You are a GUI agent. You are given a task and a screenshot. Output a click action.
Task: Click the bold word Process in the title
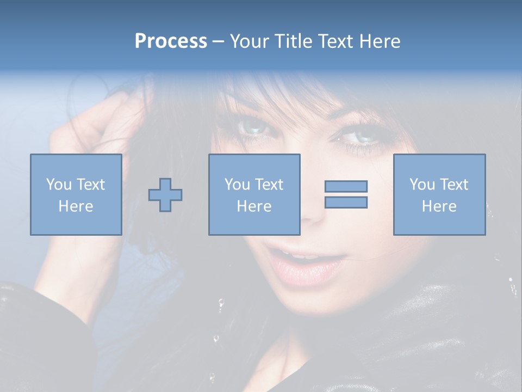point(171,41)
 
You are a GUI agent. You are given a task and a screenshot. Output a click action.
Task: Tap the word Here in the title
point(378,41)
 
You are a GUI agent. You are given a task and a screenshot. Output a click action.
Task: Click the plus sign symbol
point(165,195)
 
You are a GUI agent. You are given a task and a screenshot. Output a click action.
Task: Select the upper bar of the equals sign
point(346,186)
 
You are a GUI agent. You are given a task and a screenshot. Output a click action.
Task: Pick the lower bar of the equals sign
point(346,202)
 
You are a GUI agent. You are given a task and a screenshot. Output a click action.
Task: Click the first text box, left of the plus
point(76,194)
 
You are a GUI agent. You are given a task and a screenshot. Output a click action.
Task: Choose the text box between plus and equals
point(254,194)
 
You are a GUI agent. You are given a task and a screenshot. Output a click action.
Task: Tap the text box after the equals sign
point(439,194)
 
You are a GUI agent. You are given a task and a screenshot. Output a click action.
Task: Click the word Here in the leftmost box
point(76,206)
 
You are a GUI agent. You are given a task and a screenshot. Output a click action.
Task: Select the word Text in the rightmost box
point(454,185)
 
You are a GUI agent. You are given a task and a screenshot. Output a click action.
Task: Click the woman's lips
point(308,261)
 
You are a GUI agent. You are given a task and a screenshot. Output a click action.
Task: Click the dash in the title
point(218,41)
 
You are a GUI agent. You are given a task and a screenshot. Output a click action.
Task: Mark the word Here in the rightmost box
point(439,206)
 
